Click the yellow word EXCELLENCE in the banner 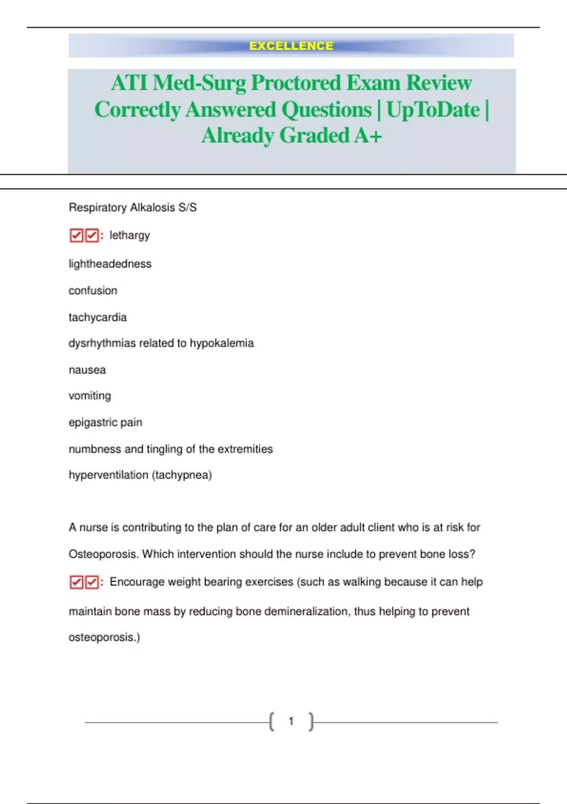[291, 46]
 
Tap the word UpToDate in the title [433, 110]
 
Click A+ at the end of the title [368, 136]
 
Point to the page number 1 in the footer [291, 721]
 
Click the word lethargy [129, 236]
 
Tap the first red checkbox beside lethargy [76, 236]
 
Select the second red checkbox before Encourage [92, 582]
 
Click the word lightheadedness [110, 264]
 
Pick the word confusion [93, 290]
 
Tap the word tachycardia [97, 317]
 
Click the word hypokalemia [222, 343]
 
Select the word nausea [87, 370]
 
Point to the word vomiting [90, 396]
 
